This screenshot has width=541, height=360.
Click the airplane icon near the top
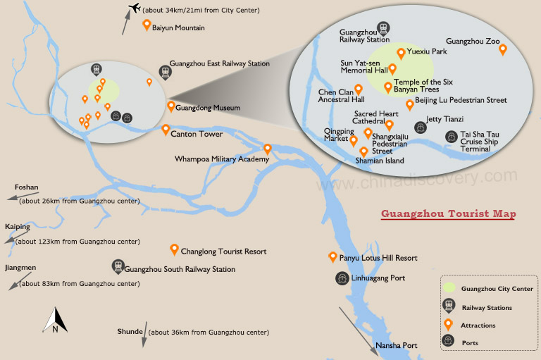134,9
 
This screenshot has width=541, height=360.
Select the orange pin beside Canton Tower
166,130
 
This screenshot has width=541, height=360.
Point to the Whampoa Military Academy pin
268,149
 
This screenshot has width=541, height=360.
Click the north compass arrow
56,320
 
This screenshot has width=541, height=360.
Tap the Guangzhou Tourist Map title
447,213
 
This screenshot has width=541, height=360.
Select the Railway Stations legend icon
448,306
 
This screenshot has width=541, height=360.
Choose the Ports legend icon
448,341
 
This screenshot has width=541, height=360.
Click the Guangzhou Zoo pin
503,49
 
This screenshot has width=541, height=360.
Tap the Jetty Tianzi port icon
421,127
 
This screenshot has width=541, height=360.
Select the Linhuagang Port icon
341,278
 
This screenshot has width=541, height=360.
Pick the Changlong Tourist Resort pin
175,249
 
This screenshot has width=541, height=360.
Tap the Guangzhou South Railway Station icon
117,266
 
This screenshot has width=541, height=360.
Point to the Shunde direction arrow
144,335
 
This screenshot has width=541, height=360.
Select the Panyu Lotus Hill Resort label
378,259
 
